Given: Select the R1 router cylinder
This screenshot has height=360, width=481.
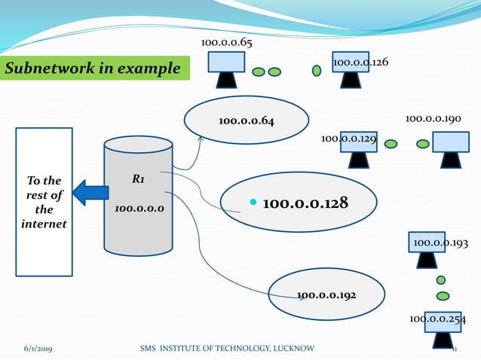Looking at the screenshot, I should tap(138, 196).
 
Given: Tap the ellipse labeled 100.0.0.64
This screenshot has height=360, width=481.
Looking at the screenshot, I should tap(247, 121).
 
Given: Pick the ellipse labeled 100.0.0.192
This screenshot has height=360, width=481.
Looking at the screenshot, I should tap(326, 294).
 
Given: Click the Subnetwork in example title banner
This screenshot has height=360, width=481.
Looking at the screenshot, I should tap(93, 69).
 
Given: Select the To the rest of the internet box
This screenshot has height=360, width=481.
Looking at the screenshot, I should tap(44, 202).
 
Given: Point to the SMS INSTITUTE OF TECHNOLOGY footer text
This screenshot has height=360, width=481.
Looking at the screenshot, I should tap(228, 348).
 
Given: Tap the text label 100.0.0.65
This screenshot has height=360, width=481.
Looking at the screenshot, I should tap(226, 42).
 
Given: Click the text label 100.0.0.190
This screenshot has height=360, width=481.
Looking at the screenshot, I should tap(434, 119).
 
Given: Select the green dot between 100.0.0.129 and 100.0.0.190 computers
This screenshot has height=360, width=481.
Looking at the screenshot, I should tap(403, 142).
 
